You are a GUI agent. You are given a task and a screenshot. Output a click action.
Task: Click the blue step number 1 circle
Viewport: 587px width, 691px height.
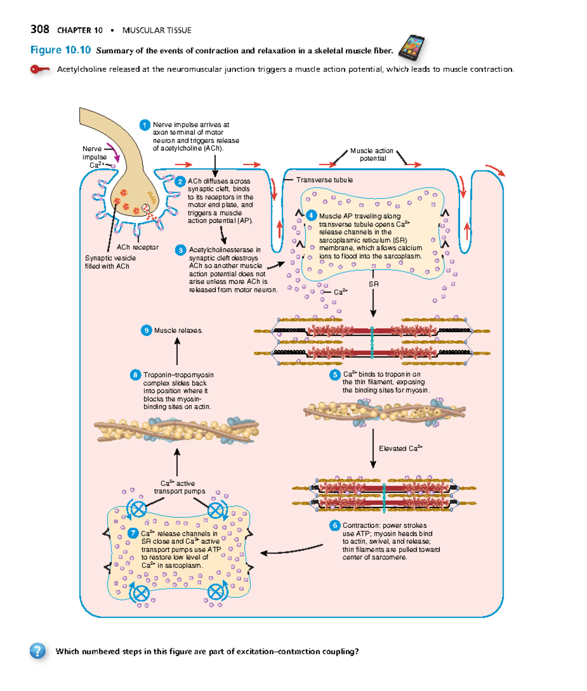(x=144, y=125)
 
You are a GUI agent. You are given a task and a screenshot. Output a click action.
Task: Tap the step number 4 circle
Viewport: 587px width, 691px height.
(x=311, y=215)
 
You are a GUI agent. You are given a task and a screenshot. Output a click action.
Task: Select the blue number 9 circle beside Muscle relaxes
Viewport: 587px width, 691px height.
(x=146, y=330)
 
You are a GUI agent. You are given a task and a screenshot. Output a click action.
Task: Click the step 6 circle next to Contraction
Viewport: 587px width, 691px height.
(x=335, y=525)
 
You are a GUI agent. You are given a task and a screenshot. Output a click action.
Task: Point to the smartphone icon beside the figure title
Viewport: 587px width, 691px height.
(x=411, y=48)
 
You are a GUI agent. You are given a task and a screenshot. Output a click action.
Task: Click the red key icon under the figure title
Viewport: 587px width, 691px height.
(x=39, y=70)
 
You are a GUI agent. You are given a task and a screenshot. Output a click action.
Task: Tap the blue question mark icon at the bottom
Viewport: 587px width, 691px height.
(x=38, y=651)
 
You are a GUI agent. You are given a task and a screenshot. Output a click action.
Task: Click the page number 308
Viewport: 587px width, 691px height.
(x=40, y=29)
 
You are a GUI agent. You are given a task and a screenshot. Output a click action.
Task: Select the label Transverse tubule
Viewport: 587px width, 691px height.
(x=324, y=180)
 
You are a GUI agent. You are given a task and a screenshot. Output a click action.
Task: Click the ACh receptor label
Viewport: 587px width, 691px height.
(x=137, y=247)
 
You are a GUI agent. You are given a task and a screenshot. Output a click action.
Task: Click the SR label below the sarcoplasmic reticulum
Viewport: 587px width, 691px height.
(x=373, y=284)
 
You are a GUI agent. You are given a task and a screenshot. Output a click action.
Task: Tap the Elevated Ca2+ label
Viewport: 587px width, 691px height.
(x=400, y=448)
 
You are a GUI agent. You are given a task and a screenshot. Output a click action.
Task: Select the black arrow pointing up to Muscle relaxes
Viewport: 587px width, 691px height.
(x=177, y=352)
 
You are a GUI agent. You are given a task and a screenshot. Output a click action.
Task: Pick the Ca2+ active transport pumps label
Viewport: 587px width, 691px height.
(x=179, y=487)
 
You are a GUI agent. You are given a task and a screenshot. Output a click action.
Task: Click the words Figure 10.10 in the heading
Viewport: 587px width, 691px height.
(x=61, y=50)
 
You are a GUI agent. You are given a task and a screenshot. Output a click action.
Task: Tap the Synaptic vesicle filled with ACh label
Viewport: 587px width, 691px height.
(x=110, y=262)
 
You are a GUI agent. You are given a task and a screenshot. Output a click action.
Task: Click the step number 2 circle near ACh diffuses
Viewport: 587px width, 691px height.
(x=180, y=181)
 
